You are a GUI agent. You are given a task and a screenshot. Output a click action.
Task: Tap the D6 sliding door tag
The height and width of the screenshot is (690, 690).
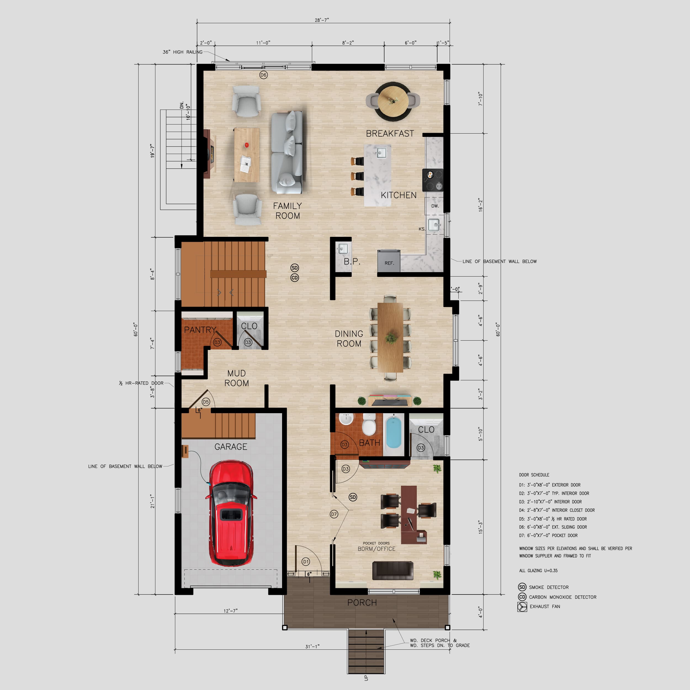(x=264, y=75)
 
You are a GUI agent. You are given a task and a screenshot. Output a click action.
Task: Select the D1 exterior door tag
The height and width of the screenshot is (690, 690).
(x=306, y=562)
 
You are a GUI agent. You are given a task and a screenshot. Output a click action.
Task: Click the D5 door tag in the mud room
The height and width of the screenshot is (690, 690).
(x=206, y=402)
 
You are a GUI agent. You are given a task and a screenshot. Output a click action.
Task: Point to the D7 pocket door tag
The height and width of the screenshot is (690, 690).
(x=334, y=514)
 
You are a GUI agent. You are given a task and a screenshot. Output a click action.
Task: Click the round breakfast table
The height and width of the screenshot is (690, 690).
(x=393, y=101)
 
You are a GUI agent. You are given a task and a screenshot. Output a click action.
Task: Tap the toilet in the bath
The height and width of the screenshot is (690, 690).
(x=369, y=425)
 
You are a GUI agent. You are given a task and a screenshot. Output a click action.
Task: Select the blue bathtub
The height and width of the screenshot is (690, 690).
(x=394, y=432)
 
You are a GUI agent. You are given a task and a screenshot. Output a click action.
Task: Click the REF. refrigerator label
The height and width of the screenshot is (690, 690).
(x=389, y=263)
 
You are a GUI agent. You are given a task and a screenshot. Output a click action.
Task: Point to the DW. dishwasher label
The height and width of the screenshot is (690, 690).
(x=435, y=206)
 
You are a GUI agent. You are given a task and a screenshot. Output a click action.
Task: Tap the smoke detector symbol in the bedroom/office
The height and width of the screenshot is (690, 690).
(x=353, y=497)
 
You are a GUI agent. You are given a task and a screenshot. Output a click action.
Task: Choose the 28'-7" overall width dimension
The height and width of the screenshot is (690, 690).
(x=322, y=20)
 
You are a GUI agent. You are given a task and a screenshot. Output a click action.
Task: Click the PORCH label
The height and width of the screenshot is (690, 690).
(x=362, y=603)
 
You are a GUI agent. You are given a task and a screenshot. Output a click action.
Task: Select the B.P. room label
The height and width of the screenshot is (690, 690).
(x=352, y=261)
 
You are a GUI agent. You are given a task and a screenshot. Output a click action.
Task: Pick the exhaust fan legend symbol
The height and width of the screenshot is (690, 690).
(x=522, y=607)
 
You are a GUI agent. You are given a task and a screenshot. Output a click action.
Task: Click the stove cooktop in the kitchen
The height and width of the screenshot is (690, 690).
(x=433, y=180)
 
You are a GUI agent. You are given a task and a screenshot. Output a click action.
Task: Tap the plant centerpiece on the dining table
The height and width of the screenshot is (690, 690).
(x=391, y=338)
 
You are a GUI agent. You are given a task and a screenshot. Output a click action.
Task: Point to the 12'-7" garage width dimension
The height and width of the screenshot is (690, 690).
(x=230, y=611)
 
